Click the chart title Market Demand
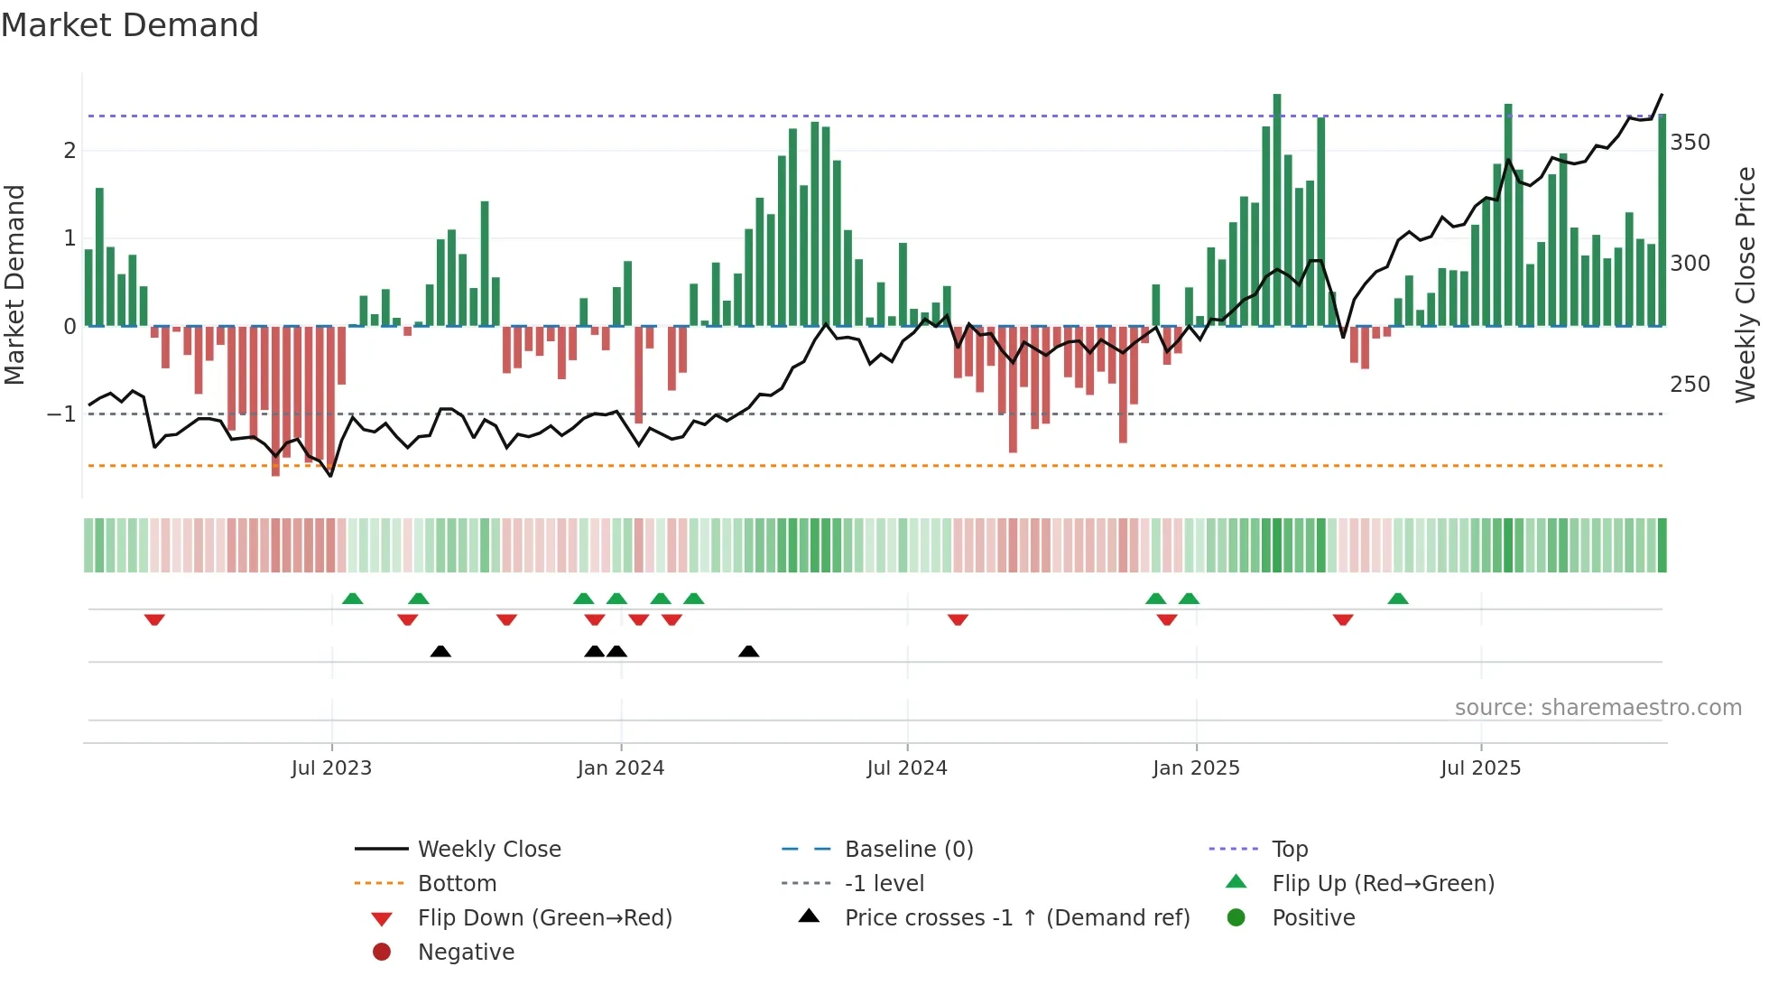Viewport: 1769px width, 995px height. (x=130, y=25)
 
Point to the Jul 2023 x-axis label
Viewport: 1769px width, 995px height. (x=331, y=768)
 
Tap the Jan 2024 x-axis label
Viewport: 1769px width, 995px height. (x=621, y=768)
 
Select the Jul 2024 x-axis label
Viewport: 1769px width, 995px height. (x=907, y=768)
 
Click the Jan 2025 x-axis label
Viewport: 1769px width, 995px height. (x=1196, y=768)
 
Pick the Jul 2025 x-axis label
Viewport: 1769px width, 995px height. (x=1480, y=768)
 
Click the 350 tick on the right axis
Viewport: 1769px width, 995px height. (x=1690, y=143)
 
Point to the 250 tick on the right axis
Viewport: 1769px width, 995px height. (x=1690, y=385)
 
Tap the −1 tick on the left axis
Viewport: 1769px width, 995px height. (x=61, y=414)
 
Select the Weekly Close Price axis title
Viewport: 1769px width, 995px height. (x=1746, y=284)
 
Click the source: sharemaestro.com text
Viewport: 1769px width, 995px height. (x=1598, y=708)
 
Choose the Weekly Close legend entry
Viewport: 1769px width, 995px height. (x=488, y=850)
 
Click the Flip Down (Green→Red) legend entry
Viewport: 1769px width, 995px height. (x=544, y=918)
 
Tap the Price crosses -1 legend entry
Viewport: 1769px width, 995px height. (x=1016, y=918)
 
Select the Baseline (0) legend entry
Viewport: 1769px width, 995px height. (x=908, y=850)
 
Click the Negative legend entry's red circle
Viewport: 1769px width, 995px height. (x=382, y=953)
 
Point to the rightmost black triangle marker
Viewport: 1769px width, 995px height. (x=748, y=652)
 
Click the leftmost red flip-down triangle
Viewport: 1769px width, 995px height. (x=154, y=619)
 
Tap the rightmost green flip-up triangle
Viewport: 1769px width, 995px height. (x=1397, y=599)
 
